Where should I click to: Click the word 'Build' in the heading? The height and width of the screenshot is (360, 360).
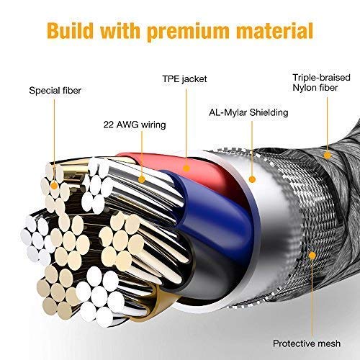[70, 31]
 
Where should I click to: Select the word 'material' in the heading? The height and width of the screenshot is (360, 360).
[275, 31]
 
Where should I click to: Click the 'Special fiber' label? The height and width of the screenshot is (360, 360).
[55, 91]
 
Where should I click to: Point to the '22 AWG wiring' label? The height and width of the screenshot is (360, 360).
[135, 125]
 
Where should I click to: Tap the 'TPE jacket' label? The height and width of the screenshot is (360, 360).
[184, 79]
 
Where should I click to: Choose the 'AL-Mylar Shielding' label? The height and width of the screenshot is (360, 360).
[248, 112]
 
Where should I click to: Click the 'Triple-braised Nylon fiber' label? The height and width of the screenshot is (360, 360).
[321, 83]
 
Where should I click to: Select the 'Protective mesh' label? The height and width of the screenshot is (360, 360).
[307, 343]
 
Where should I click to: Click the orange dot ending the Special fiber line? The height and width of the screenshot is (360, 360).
[54, 185]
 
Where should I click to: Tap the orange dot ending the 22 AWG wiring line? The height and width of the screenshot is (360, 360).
[142, 179]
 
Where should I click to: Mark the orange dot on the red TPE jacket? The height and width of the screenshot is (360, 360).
[186, 168]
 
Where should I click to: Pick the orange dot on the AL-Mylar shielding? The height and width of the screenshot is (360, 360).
[252, 179]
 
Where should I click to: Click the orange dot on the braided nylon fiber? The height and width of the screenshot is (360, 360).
[327, 156]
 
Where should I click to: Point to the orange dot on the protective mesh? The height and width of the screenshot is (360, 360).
[312, 256]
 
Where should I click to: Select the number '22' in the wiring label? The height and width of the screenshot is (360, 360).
[109, 125]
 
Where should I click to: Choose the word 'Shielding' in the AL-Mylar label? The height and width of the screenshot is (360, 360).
[269, 112]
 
